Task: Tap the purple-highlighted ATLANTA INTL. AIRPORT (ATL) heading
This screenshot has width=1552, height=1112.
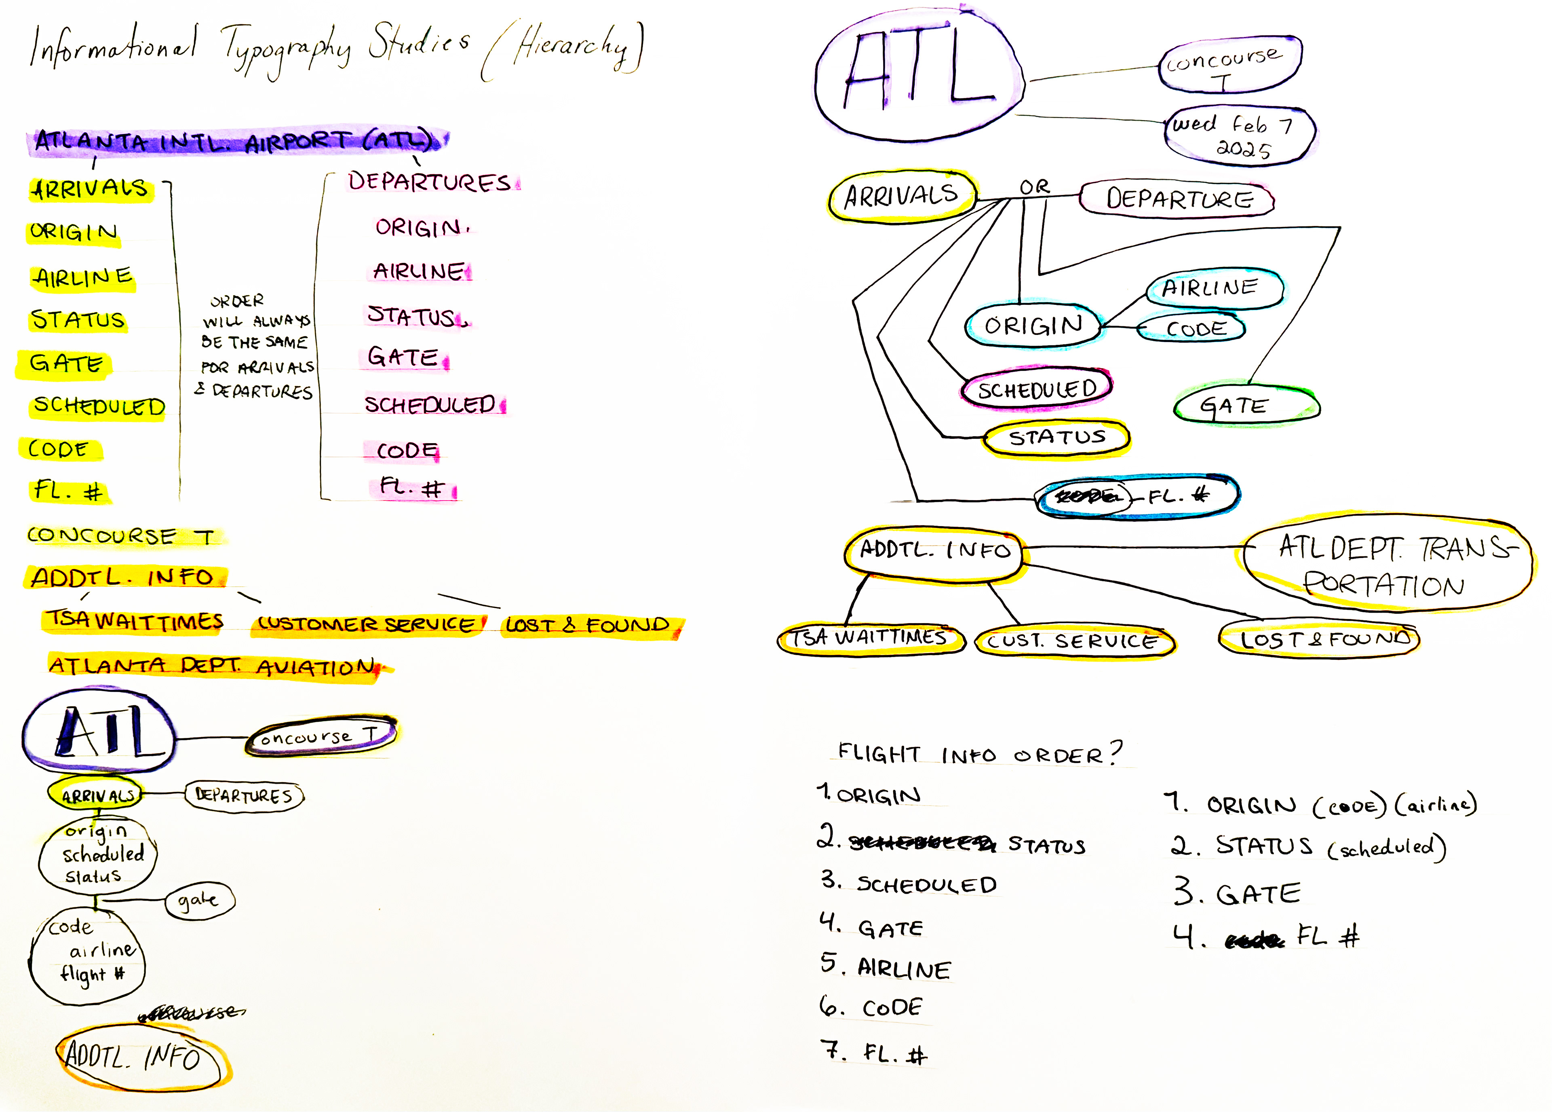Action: (236, 140)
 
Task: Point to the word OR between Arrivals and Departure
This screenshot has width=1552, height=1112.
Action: (1034, 187)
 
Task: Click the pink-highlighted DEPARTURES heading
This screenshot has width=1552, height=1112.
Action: (430, 182)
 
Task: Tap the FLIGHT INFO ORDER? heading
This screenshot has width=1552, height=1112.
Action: (978, 754)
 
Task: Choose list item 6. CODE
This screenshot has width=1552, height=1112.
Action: (873, 1007)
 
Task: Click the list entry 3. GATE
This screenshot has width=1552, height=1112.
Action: (1237, 893)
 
